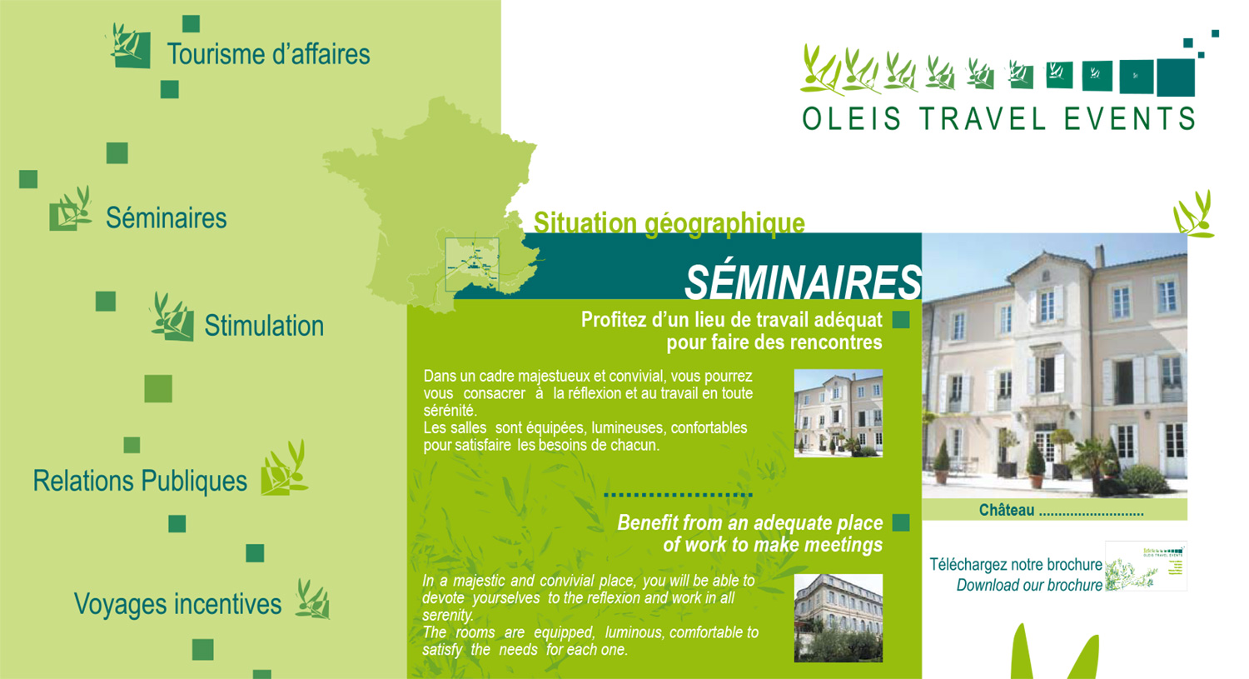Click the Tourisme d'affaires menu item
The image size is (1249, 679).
point(268,54)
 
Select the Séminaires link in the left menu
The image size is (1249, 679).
point(167,217)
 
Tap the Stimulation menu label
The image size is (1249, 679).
point(264,326)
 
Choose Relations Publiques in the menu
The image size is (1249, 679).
point(140,481)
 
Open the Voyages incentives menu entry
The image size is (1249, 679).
point(178,604)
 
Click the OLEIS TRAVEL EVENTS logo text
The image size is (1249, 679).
point(998,119)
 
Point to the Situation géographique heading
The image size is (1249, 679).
point(669,223)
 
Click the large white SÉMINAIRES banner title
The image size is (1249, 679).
point(803,282)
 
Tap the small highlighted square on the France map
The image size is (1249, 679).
point(472,264)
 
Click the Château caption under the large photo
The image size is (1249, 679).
point(1007,510)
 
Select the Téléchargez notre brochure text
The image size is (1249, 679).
point(1016,565)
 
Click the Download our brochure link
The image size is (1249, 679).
point(1029,585)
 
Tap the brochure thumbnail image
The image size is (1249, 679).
point(1146,566)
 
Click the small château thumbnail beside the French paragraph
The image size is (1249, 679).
point(838,413)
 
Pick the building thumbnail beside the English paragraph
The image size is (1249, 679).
point(838,618)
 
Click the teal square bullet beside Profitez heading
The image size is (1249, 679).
point(901,320)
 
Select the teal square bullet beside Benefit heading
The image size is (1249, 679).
point(901,522)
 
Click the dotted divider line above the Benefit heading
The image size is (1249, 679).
point(678,495)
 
